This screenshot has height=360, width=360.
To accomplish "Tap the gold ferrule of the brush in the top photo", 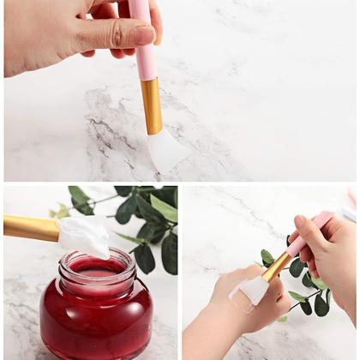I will point(151,105).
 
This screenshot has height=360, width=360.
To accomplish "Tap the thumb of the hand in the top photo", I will point(111,35).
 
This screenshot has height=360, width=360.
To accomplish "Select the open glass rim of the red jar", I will point(96,260).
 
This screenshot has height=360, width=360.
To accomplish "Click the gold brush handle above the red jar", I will point(30,227).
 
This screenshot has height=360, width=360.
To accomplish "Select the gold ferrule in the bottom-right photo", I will point(276,267).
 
